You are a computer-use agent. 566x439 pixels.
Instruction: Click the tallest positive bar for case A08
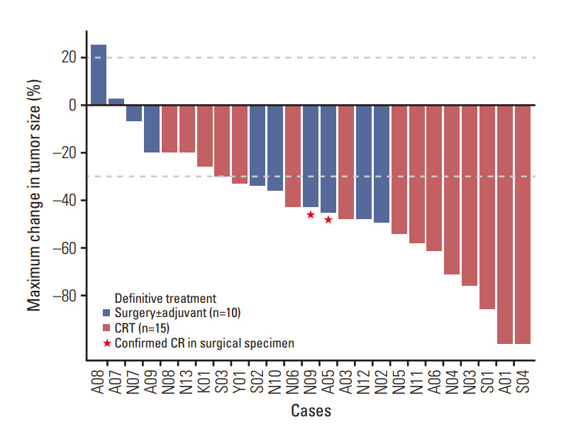pyautogui.click(x=99, y=75)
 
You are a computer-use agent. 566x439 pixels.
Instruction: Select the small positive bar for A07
pyautogui.click(x=116, y=102)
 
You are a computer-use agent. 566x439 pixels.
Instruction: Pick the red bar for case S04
pyautogui.click(x=523, y=224)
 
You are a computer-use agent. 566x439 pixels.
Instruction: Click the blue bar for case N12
pyautogui.click(x=364, y=162)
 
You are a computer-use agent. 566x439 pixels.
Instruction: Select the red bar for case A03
pyautogui.click(x=346, y=162)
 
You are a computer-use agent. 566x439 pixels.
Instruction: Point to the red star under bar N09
pyautogui.click(x=311, y=215)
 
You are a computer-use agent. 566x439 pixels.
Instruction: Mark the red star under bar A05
pyautogui.click(x=328, y=220)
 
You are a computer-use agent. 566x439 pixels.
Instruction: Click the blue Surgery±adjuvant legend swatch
pyautogui.click(x=106, y=312)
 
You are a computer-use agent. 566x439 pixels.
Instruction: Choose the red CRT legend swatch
pyautogui.click(x=106, y=328)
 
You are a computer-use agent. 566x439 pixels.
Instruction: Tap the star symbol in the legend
pyautogui.click(x=106, y=343)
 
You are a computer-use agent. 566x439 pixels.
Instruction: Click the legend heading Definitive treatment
pyautogui.click(x=165, y=297)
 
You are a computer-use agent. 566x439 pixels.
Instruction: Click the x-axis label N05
pyautogui.click(x=399, y=380)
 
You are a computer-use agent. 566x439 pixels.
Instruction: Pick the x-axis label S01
pyautogui.click(x=487, y=380)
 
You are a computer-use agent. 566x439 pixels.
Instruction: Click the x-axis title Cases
pyautogui.click(x=311, y=411)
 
